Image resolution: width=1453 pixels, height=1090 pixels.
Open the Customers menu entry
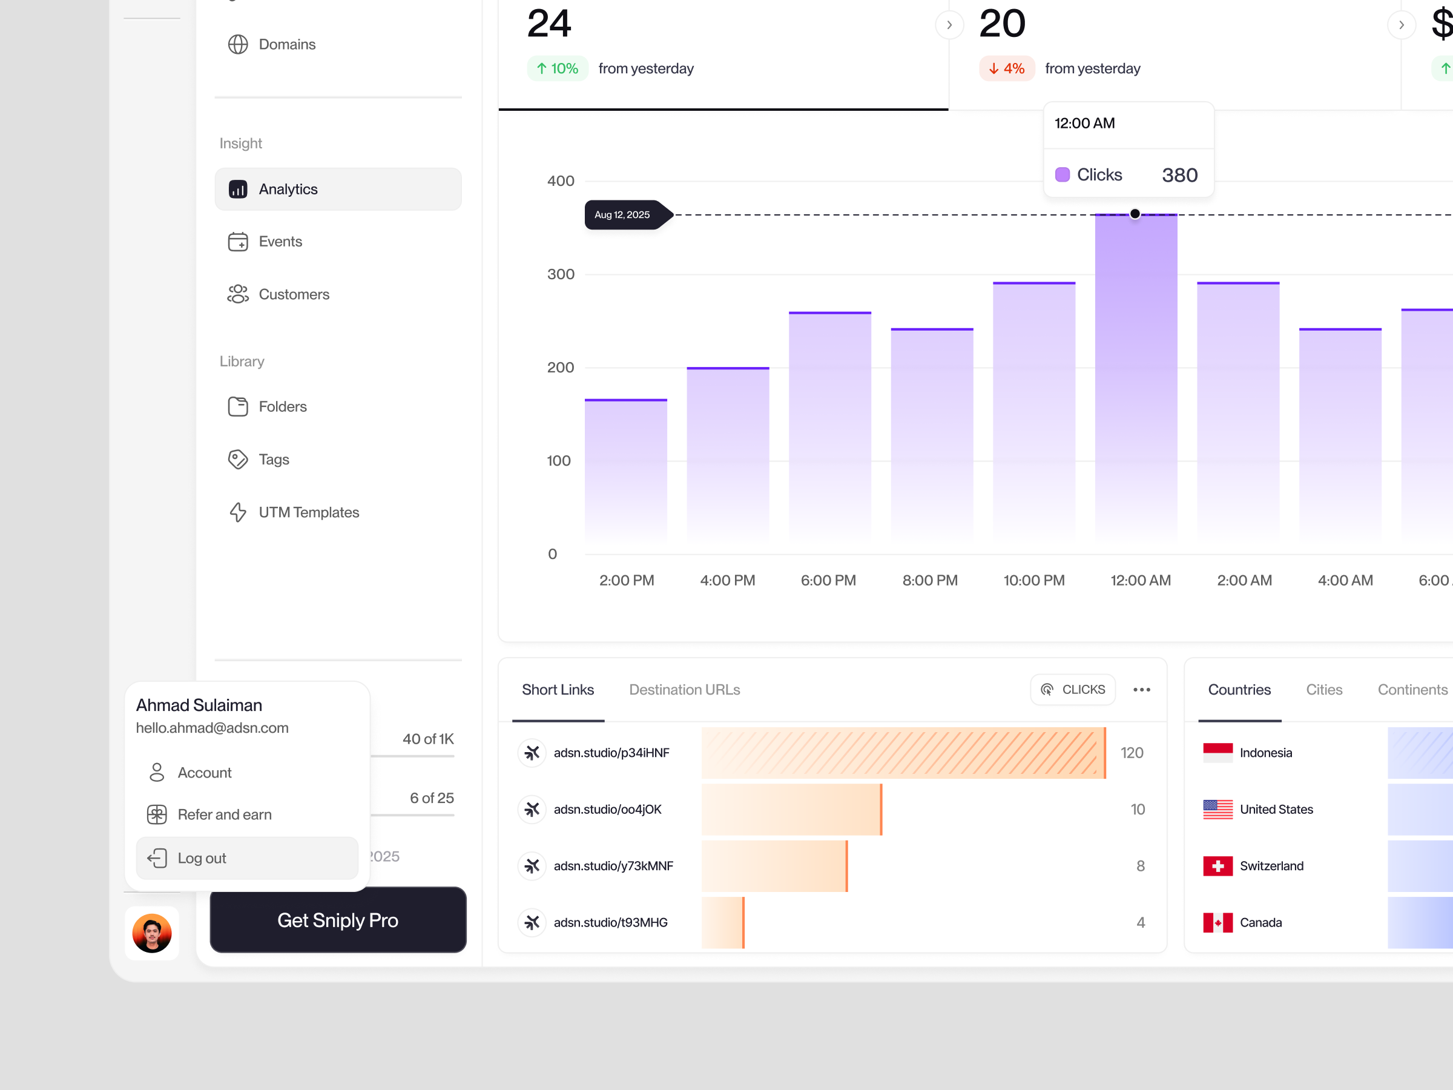[293, 294]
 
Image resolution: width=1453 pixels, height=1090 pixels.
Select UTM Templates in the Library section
[308, 512]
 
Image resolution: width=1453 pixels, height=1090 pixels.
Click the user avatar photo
[152, 933]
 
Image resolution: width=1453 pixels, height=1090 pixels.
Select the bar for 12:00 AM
[1136, 381]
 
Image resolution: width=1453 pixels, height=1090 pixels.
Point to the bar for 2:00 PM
[626, 473]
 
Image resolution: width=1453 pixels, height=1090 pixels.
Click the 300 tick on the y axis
[560, 274]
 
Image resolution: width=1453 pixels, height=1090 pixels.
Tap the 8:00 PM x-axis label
[929, 580]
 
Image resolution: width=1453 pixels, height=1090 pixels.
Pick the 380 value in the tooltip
[1179, 175]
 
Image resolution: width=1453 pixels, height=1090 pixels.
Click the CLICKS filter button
[1073, 690]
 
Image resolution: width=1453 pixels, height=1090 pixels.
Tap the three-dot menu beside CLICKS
[1142, 690]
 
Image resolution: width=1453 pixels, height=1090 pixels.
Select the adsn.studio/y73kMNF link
[613, 866]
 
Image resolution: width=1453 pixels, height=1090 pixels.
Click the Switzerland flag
[1217, 866]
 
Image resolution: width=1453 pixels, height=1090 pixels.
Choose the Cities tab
[1323, 690]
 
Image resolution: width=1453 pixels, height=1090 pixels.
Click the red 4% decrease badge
[1006, 68]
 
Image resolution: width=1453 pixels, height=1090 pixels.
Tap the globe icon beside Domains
[238, 44]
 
